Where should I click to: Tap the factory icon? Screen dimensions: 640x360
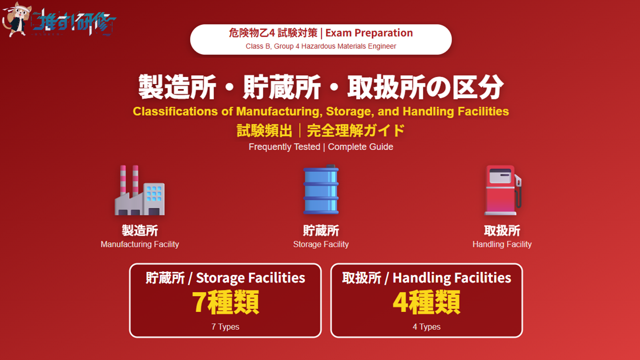point(139,190)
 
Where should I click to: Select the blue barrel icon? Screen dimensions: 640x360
point(321,189)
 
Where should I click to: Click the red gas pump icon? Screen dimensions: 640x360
point(502,190)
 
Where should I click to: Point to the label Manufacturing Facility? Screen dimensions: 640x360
point(139,244)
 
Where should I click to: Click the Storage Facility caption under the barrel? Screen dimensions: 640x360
point(321,244)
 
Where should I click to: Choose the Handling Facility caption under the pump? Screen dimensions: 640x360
point(502,244)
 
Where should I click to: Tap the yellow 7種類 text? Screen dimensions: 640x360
point(225,302)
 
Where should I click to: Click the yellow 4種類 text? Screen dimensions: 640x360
point(426,302)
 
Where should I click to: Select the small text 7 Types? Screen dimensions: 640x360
point(225,326)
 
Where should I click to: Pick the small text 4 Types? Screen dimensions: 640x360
point(426,326)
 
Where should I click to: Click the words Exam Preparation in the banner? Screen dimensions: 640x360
point(369,33)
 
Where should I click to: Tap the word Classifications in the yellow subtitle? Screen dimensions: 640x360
point(176,111)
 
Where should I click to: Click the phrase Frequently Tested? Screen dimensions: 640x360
point(284,147)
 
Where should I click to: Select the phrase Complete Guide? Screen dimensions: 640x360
point(360,147)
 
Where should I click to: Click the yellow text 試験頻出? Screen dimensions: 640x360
point(264,131)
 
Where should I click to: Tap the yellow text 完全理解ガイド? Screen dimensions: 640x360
point(356,131)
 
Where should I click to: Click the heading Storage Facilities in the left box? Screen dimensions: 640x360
point(250,278)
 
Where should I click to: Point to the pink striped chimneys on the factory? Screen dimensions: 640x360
point(129,179)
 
